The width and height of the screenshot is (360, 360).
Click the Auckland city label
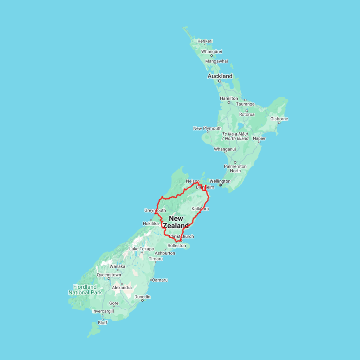pyautogui.click(x=220, y=76)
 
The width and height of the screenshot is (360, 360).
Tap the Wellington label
pyautogui.click(x=220, y=181)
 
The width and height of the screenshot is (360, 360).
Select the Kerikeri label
pyautogui.click(x=205, y=41)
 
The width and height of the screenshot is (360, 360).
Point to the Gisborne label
pyautogui.click(x=279, y=119)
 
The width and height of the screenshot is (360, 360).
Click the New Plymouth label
pyautogui.click(x=207, y=128)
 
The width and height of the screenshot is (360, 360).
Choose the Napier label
pyautogui.click(x=259, y=138)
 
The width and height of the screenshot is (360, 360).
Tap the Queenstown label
pyautogui.click(x=109, y=275)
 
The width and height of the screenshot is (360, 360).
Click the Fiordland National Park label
pyautogui.click(x=85, y=290)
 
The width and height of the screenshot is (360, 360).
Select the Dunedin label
pyautogui.click(x=142, y=297)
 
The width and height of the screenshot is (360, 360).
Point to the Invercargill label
pyautogui.click(x=103, y=311)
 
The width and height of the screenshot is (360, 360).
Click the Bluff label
pyautogui.click(x=103, y=323)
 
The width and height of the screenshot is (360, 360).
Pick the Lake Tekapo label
pyautogui.click(x=142, y=249)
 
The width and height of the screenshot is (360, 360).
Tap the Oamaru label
pyautogui.click(x=160, y=280)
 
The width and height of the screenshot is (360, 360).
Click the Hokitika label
pyautogui.click(x=150, y=224)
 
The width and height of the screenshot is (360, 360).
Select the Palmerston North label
pyautogui.click(x=235, y=168)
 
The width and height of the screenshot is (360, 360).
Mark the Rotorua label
pyautogui.click(x=247, y=114)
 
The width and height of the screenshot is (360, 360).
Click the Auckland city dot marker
pyautogui.click(x=220, y=81)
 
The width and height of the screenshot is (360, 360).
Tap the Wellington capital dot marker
pyautogui.click(x=220, y=185)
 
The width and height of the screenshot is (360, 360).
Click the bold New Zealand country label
pyautogui.click(x=176, y=222)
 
